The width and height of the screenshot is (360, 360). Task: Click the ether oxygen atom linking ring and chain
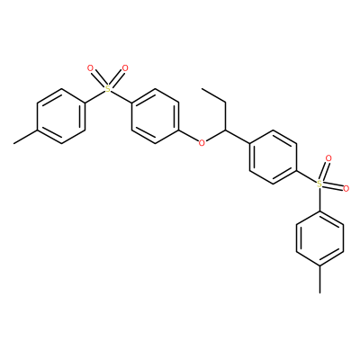coord(202,143)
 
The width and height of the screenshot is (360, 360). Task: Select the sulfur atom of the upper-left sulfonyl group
coord(108,89)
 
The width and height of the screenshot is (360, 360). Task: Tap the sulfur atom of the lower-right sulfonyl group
coord(319,184)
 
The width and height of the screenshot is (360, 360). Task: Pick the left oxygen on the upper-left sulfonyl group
coord(90,68)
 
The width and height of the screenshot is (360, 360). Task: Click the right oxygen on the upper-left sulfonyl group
coord(125,68)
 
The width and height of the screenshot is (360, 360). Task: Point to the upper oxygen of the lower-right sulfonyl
coord(328,158)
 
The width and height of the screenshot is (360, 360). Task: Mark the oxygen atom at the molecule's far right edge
coord(346,189)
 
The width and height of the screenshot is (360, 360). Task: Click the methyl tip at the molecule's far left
coord(14,143)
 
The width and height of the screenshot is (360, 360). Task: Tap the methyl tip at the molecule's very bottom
coord(319,292)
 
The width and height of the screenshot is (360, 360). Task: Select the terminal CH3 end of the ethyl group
coord(202,89)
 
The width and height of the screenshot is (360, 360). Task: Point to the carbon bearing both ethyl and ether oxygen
coord(226,130)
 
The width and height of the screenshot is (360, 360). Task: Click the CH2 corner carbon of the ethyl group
coord(226,103)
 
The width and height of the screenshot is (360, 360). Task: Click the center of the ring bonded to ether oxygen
coord(155,116)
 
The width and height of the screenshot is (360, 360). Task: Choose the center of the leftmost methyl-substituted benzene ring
coord(61,116)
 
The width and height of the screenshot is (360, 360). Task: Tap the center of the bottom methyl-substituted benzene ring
coord(319,238)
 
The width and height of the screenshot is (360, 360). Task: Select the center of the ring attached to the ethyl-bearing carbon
coord(273,157)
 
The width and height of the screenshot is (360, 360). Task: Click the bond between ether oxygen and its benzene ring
coord(189,136)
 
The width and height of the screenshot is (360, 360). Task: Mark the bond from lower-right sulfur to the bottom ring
coord(319,200)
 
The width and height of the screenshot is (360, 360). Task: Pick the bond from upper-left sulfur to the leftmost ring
coord(94,96)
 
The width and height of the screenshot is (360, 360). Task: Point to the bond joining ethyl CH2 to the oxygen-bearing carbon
coord(226,116)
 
